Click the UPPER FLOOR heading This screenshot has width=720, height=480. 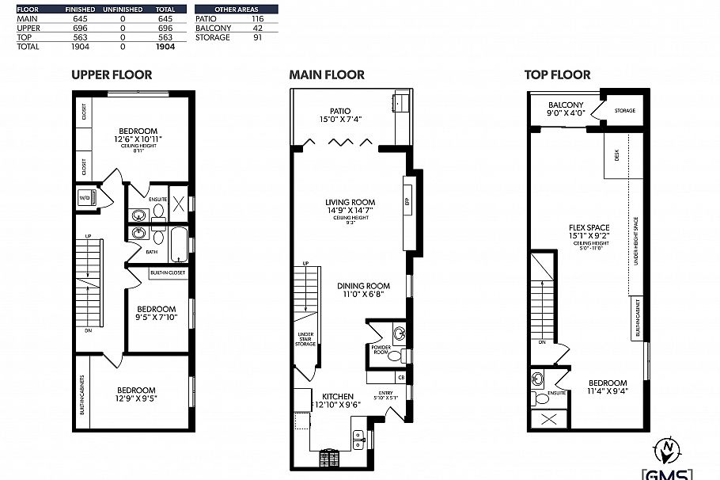coord(112,75)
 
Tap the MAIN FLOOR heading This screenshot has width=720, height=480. coord(327,75)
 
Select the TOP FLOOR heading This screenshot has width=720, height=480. coord(557,75)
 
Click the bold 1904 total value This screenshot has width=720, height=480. coord(165,47)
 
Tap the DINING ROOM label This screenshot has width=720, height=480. coord(363,287)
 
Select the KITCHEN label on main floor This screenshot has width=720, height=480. coord(337,396)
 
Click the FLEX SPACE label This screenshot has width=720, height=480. coord(589,228)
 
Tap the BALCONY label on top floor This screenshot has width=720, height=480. coord(566,105)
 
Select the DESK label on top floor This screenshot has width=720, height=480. coord(616,157)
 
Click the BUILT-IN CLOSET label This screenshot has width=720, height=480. coord(167,272)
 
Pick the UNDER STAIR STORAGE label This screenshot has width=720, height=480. coord(305,339)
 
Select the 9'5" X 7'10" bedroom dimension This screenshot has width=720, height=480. coord(157,319)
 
